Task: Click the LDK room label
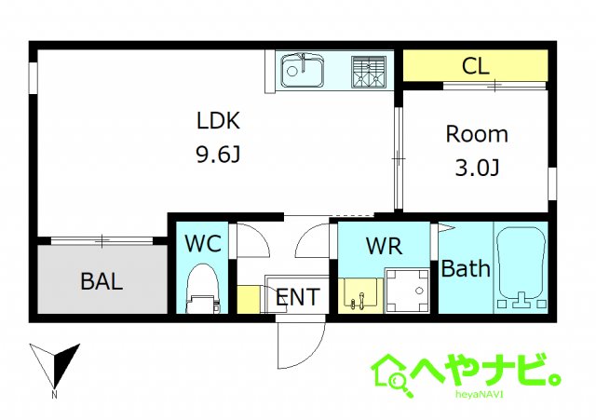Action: [x=218, y=120]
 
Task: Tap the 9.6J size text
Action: [x=218, y=155]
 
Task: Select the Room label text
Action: [x=477, y=134]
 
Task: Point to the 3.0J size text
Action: [x=477, y=169]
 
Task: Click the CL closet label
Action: [x=476, y=67]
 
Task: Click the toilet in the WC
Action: [x=201, y=286]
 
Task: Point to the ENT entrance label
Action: [x=298, y=298]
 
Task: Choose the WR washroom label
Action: [x=383, y=247]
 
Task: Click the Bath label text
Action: [x=465, y=270]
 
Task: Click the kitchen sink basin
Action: [x=301, y=70]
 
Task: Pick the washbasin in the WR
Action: [x=359, y=293]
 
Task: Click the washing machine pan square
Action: [x=406, y=291]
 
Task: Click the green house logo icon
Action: [x=392, y=373]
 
